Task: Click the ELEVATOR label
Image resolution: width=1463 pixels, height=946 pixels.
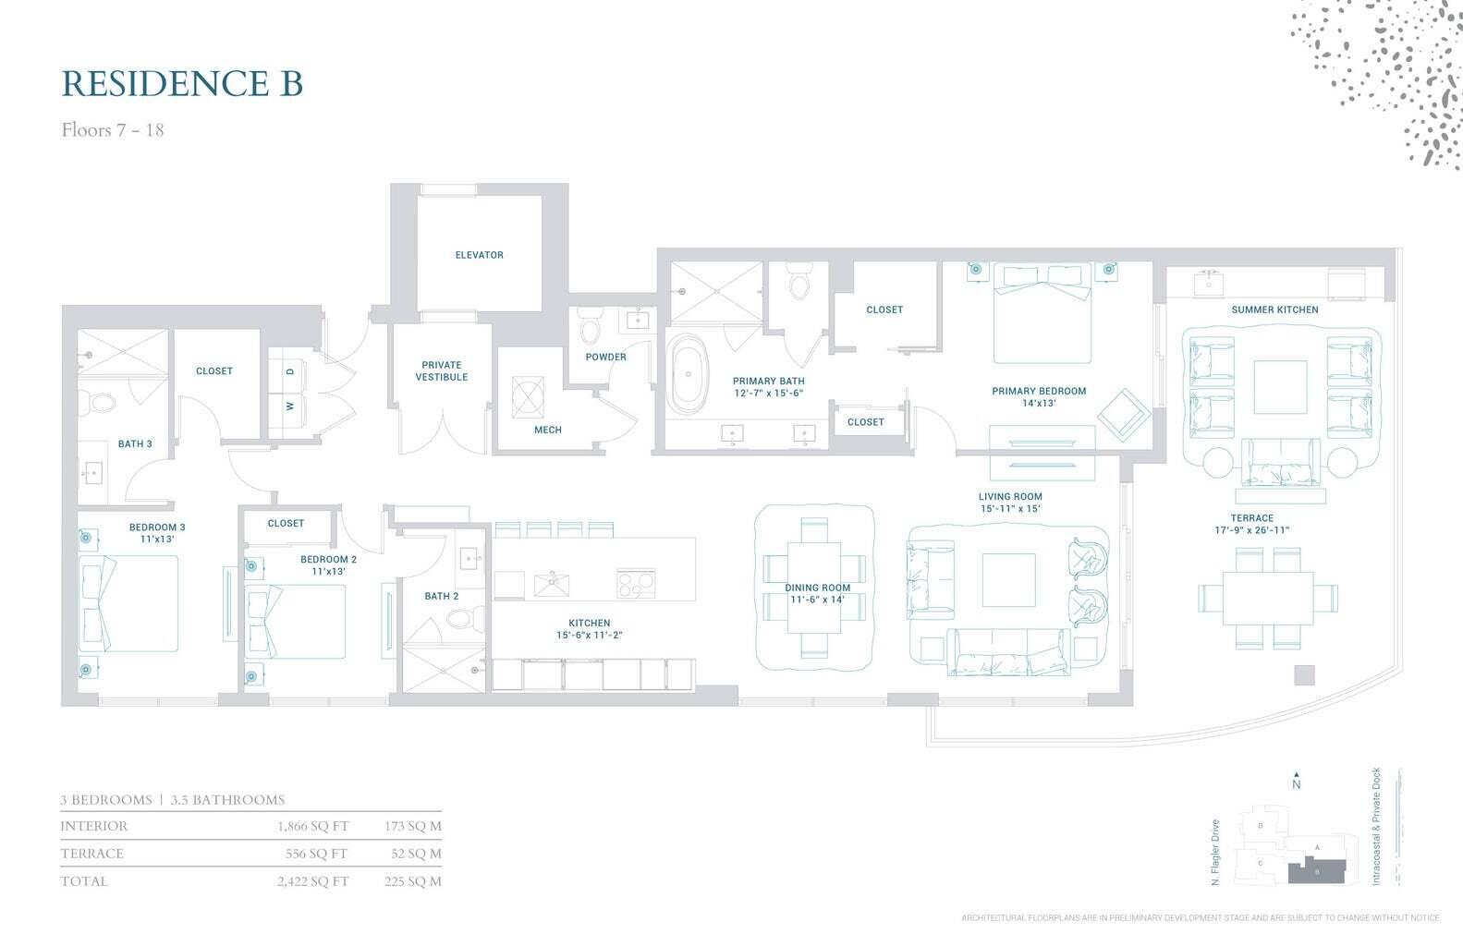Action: pos(479,255)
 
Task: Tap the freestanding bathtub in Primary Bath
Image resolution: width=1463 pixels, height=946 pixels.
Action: pos(688,374)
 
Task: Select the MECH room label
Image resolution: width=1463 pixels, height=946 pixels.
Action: pos(547,430)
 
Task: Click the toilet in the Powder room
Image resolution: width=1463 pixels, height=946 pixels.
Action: pos(589,330)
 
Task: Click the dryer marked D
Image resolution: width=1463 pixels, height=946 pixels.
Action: pos(290,371)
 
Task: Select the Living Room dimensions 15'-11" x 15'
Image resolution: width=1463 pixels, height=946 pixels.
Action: pos(1010,509)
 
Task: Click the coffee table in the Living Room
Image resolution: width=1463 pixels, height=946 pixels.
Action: pos(1008,579)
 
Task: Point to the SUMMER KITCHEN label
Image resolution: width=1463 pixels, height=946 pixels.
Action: pos(1274,309)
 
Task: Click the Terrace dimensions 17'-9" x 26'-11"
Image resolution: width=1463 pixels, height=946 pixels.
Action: pos(1251,530)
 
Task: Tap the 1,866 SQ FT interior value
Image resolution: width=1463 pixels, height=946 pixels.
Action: pos(312,827)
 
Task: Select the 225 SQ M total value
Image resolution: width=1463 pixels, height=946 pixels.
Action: pos(412,881)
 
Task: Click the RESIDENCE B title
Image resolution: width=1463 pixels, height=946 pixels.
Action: pos(182,83)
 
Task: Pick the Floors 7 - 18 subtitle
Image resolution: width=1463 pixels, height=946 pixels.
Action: pos(113,130)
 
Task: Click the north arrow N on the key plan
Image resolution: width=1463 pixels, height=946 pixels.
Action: pos(1297,782)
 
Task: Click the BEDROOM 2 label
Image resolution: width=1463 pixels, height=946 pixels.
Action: pos(328,559)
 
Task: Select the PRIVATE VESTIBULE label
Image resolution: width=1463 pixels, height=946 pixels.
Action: pos(441,370)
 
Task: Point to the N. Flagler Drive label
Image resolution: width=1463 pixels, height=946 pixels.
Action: pos(1215,853)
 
